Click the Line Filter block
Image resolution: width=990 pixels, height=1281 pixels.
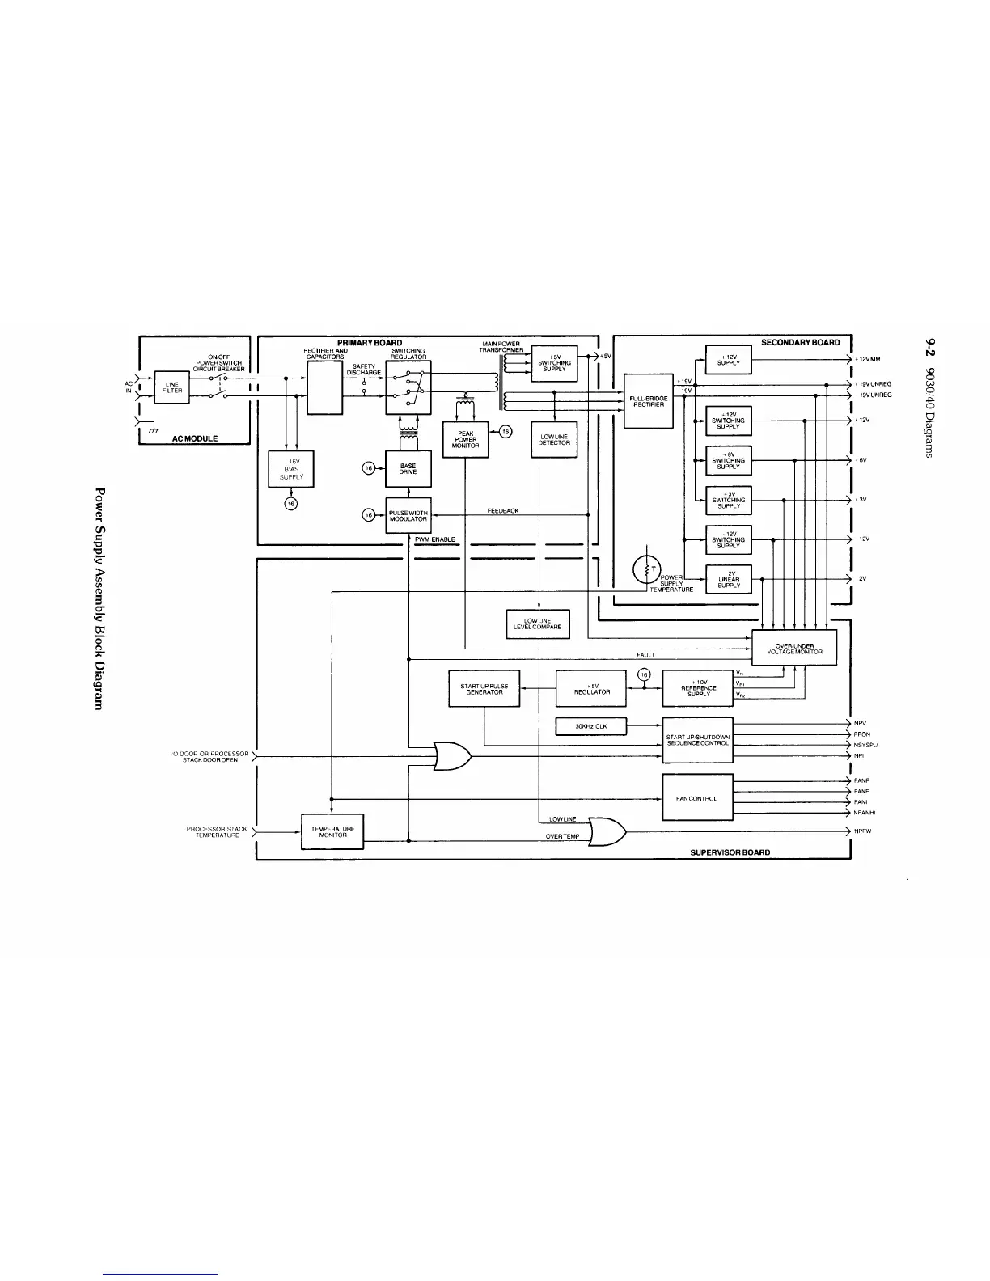pos(171,387)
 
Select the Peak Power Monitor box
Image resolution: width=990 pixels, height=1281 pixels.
pos(465,439)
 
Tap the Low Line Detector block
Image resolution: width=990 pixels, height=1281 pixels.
pos(554,440)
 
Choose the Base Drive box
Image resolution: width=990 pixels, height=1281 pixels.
pos(408,469)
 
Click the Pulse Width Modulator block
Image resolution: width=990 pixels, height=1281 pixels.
pos(408,516)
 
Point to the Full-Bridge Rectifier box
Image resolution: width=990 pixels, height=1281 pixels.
pos(649,401)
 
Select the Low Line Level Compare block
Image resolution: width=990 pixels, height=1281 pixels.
pos(538,624)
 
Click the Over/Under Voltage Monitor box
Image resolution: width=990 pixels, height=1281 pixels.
pos(794,649)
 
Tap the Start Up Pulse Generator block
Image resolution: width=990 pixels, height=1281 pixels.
pos(484,689)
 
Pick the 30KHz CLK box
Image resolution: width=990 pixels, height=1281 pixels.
pos(590,726)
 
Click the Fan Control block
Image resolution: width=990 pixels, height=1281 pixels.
pos(697,797)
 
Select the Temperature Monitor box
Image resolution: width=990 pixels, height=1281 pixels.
pos(332,832)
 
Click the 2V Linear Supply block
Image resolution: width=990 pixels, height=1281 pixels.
pos(729,579)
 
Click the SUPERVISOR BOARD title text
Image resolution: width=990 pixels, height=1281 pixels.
pos(730,852)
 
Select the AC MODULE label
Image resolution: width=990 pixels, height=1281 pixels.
pos(194,438)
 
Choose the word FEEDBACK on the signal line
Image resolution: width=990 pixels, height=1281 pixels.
pos(503,511)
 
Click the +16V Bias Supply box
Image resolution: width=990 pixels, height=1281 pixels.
pos(291,471)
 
